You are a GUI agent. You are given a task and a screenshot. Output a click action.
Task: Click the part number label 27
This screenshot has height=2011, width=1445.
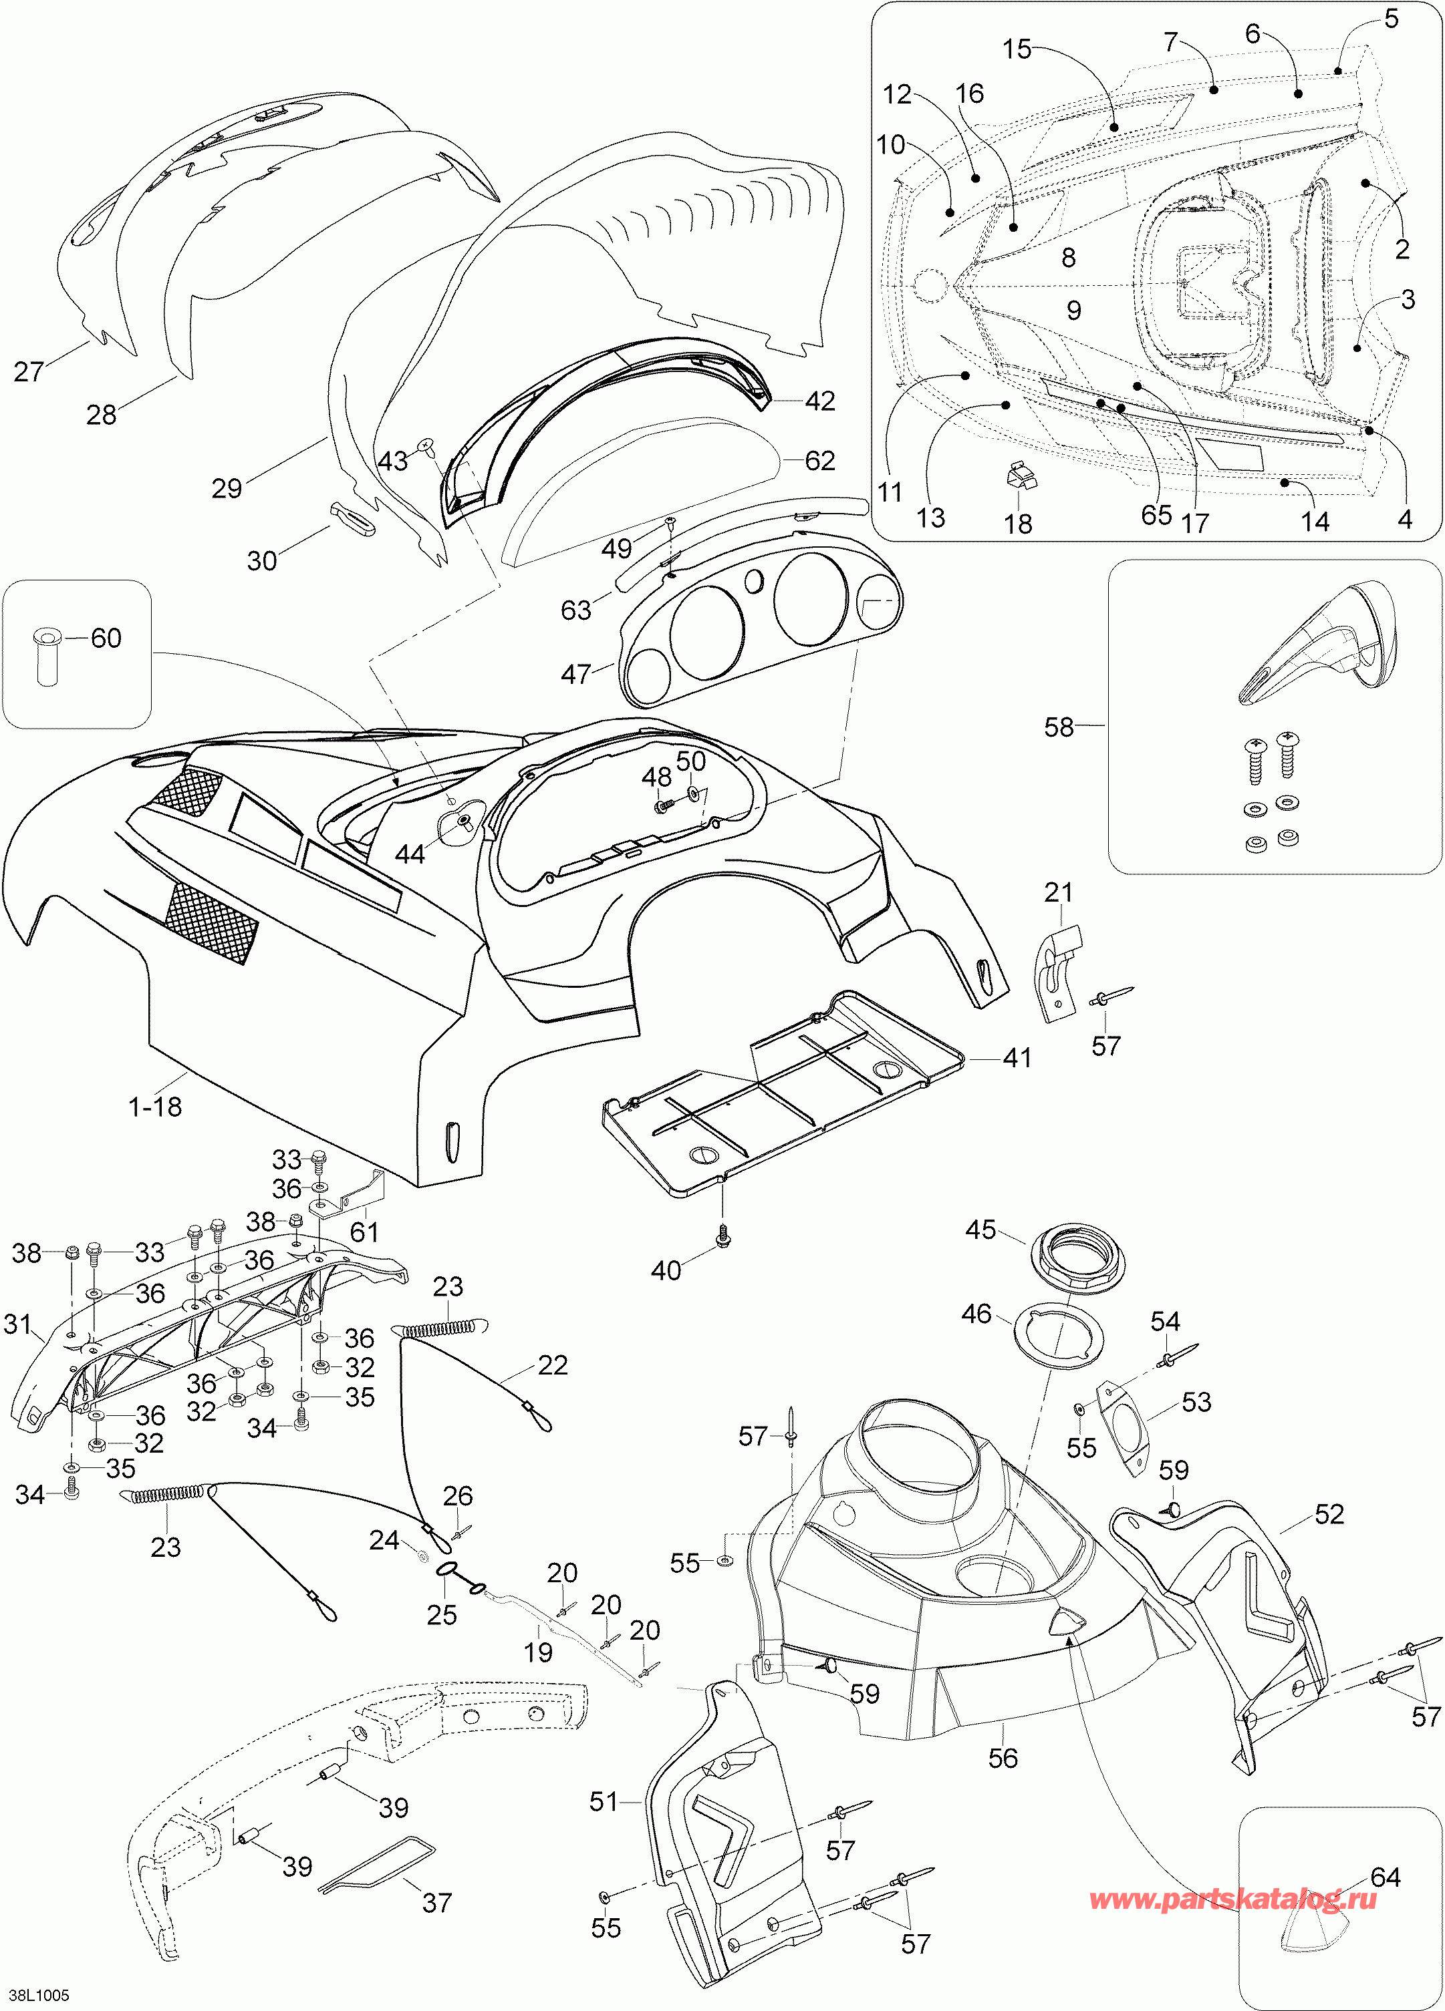pos(28,371)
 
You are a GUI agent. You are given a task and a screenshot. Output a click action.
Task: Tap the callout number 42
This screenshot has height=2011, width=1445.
pos(819,401)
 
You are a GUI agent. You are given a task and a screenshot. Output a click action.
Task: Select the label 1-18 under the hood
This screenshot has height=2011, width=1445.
pos(155,1107)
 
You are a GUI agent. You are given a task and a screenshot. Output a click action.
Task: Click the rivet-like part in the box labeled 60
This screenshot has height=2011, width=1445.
pos(46,656)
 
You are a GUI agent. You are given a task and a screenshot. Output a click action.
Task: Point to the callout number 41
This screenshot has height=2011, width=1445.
pos(1017,1058)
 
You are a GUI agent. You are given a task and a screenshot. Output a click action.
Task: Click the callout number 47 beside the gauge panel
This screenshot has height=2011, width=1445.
pos(575,674)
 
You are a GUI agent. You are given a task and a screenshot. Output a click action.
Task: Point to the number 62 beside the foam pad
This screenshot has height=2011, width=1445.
pos(819,460)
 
